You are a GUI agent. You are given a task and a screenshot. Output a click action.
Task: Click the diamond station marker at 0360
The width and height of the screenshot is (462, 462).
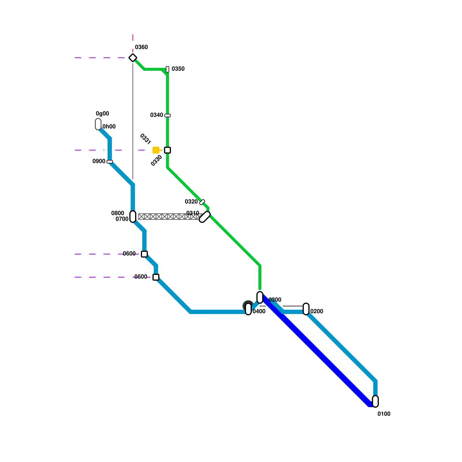[x=133, y=58]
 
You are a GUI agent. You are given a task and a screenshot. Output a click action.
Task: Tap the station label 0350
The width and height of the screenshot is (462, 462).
[x=178, y=69]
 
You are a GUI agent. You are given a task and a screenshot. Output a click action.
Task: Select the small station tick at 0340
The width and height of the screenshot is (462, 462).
[x=167, y=115]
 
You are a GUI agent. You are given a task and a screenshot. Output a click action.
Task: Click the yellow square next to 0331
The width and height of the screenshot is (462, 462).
[x=156, y=150]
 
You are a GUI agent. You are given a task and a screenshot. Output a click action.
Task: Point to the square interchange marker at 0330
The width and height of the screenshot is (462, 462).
[x=167, y=150]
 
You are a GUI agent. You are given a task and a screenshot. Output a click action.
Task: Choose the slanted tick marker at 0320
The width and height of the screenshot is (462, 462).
[x=202, y=202]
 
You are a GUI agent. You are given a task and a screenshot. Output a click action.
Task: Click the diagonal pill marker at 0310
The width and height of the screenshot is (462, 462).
[x=205, y=217]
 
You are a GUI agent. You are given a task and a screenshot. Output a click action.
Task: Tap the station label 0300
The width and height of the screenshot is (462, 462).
[x=275, y=300]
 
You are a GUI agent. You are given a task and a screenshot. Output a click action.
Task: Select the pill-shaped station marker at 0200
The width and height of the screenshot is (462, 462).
[x=306, y=309]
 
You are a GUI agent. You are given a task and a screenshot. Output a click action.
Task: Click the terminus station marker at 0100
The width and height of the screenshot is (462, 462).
[x=375, y=401]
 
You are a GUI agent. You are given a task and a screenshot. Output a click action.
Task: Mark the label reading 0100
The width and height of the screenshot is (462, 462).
[x=384, y=414]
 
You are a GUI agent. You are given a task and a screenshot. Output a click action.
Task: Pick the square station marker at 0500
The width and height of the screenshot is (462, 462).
[x=156, y=277]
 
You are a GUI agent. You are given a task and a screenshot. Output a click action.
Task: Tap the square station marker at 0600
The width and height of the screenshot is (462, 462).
[x=144, y=254]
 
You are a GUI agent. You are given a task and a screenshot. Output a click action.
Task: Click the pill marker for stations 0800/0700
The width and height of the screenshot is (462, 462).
[x=133, y=217]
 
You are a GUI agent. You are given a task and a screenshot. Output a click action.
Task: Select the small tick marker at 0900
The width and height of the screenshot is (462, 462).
[x=110, y=162]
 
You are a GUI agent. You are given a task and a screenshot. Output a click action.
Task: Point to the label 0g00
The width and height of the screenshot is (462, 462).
[x=102, y=113]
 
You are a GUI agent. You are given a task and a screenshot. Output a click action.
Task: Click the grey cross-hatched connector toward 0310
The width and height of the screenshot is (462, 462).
[x=169, y=217]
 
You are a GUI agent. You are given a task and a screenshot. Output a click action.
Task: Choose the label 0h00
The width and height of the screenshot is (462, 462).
[x=109, y=126]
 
